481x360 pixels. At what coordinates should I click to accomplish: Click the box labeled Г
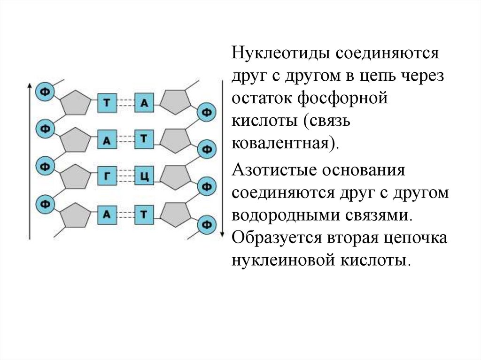pos(107,177)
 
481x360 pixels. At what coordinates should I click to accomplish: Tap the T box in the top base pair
pos(107,103)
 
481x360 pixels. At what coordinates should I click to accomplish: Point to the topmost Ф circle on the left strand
pos(45,91)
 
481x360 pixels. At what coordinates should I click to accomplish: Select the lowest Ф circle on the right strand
pos(206,224)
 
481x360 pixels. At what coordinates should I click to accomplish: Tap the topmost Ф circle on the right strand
pos(206,112)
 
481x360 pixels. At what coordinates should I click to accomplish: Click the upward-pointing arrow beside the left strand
pos(29,160)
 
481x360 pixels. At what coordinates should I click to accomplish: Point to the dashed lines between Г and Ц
pos(125,177)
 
